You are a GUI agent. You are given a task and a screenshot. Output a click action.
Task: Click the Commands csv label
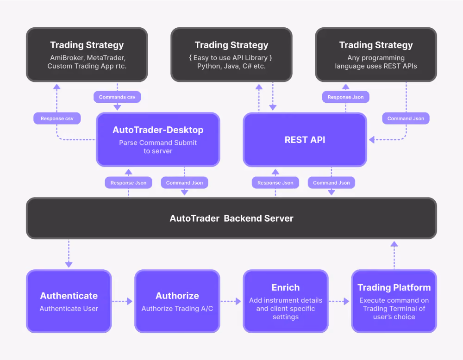point(117,97)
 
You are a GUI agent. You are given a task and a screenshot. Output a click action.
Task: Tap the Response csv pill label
point(57,118)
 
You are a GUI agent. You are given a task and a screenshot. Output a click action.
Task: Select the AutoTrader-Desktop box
point(158,140)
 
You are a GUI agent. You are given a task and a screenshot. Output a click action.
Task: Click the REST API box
point(305,140)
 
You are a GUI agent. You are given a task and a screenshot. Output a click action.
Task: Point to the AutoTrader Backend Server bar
point(231,218)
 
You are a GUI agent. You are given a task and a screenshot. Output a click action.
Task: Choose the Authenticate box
point(69,301)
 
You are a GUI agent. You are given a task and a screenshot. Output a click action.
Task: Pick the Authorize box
point(177,301)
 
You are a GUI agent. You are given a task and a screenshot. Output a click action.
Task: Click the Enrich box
point(286,301)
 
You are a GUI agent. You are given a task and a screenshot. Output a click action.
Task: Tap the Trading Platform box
point(394,301)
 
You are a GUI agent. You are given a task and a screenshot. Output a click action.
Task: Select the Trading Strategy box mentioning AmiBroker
point(87,55)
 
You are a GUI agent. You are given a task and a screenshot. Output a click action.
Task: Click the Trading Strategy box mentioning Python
point(231,55)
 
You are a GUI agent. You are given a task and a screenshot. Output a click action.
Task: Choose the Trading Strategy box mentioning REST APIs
point(376,55)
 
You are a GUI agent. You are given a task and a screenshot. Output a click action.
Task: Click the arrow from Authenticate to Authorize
point(122,301)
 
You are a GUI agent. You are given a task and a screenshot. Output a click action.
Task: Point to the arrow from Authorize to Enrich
point(231,301)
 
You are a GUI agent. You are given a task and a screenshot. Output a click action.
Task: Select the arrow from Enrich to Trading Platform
point(339,301)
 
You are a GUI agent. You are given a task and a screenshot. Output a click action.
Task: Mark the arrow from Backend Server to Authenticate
point(69,254)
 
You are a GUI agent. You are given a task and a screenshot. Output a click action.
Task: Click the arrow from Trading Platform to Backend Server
point(394,255)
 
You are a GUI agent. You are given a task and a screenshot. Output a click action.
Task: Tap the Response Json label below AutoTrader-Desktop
point(128,183)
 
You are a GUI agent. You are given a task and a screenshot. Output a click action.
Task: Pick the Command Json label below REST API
point(332,183)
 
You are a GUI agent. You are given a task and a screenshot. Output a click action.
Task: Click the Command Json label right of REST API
point(406,118)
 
